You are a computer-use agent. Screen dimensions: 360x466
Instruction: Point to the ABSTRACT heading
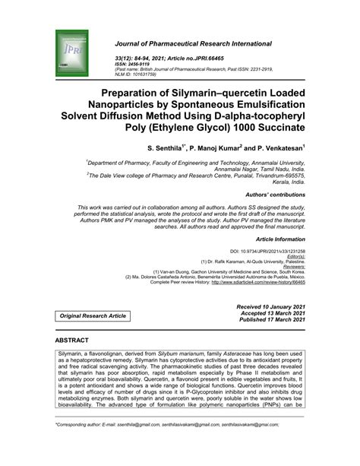[71, 340]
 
